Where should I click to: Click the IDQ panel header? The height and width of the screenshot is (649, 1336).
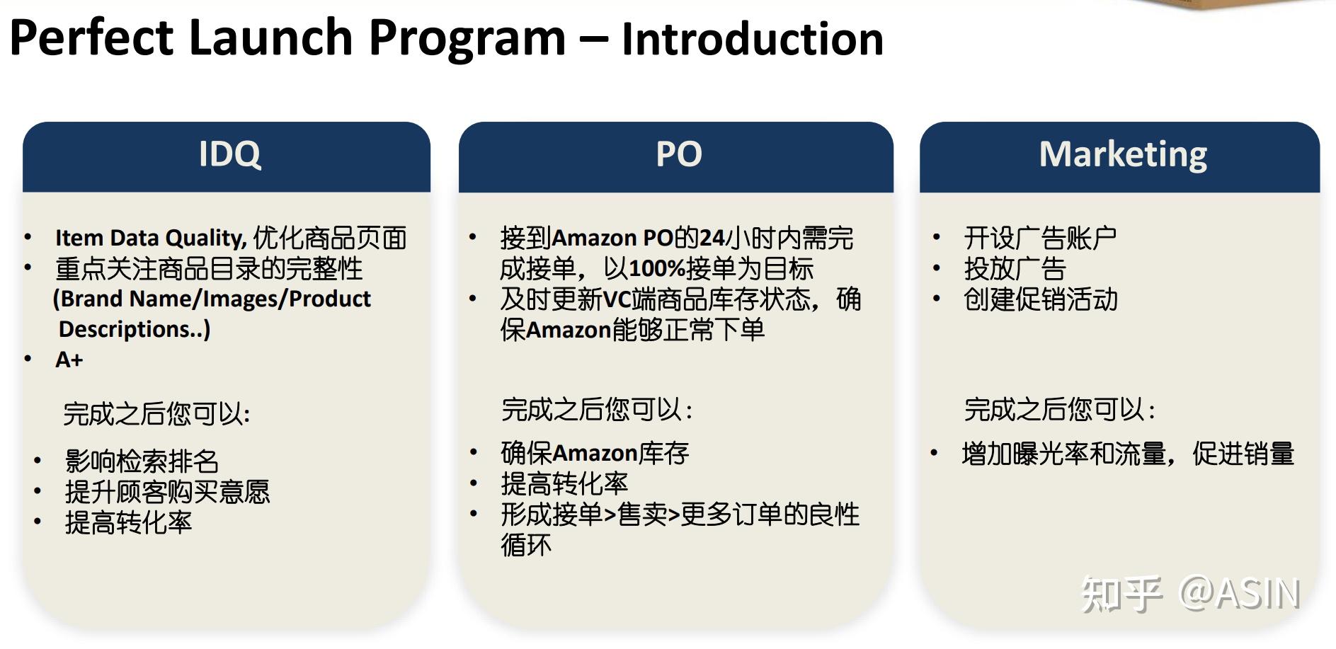point(229,154)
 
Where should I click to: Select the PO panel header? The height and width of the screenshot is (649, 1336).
point(678,154)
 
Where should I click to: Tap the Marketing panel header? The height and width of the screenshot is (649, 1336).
point(1122,154)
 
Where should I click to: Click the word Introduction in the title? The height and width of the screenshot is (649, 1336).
point(752,38)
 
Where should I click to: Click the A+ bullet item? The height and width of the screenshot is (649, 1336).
point(69,360)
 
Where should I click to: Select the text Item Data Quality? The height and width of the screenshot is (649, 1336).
point(150,238)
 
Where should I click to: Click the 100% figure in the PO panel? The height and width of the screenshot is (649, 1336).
point(656,269)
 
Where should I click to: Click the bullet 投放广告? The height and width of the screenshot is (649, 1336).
point(1014,269)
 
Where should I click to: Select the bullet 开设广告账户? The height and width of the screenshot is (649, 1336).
point(1039,238)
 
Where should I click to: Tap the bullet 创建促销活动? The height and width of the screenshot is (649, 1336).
point(1040,299)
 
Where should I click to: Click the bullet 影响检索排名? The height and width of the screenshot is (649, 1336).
point(142,461)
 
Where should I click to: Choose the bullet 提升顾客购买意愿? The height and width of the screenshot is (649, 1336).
point(167,492)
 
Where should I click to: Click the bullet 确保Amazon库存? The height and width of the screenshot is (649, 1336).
point(595,453)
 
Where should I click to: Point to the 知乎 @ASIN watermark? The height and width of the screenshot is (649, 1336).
point(1190,593)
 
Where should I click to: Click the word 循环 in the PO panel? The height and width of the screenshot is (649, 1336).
point(526,545)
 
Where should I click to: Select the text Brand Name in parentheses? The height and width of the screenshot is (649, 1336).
point(126,299)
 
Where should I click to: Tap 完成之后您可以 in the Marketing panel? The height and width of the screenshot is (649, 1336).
point(1058,410)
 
